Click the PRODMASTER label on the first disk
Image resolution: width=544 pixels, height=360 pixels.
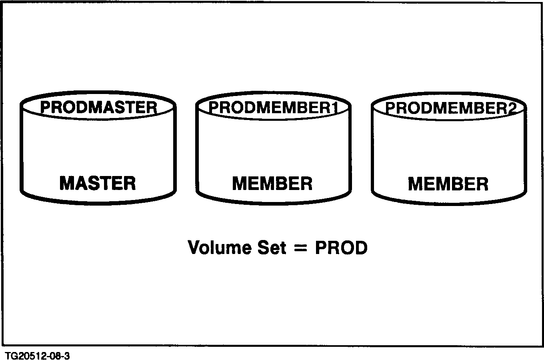click(x=98, y=107)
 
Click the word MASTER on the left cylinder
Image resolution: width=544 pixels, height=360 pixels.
click(x=98, y=183)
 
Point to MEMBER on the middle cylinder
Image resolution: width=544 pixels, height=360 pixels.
click(x=272, y=184)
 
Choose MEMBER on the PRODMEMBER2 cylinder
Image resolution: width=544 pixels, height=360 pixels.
click(x=448, y=184)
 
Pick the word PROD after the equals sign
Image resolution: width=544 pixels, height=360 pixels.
click(x=341, y=248)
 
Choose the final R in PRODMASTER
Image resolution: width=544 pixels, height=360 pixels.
click(x=151, y=108)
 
